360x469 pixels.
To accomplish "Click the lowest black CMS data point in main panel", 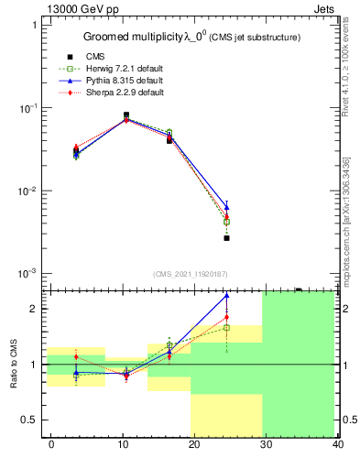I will (226, 238).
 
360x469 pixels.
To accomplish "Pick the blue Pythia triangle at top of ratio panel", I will (226, 296).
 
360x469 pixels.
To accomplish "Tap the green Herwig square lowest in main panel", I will (226, 222).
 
